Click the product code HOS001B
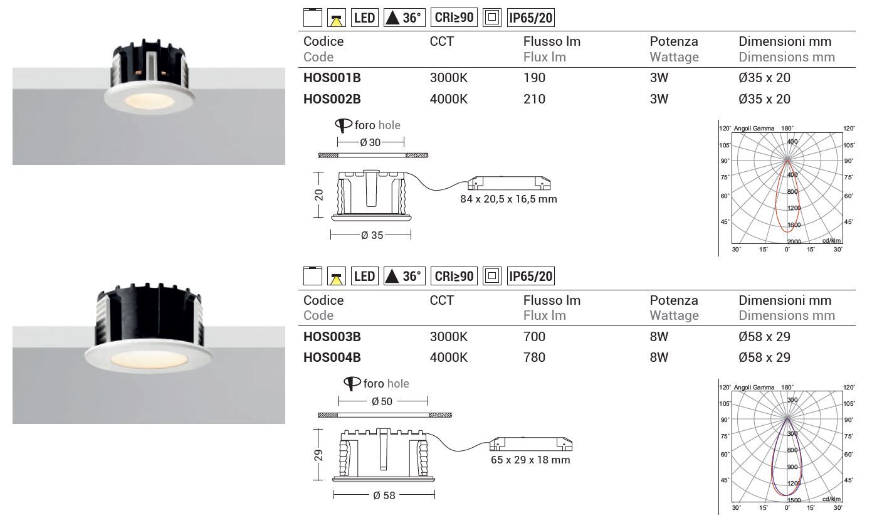tap(332, 78)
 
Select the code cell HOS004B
tap(332, 357)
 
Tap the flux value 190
tap(534, 78)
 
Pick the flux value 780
tap(534, 357)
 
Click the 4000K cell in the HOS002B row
tap(448, 99)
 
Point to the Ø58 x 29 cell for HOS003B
tap(773, 337)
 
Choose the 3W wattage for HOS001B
tap(659, 78)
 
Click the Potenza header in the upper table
tap(673, 41)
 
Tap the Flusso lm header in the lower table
tap(552, 300)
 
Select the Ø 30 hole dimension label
tap(370, 142)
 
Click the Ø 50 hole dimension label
tap(382, 401)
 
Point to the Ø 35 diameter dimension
tap(372, 235)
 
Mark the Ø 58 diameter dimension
tap(384, 495)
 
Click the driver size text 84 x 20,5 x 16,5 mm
tap(508, 199)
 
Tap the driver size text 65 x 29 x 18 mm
tap(530, 460)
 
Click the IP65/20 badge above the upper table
tap(530, 18)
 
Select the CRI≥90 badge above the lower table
tap(454, 275)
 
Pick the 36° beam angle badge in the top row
tap(404, 18)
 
